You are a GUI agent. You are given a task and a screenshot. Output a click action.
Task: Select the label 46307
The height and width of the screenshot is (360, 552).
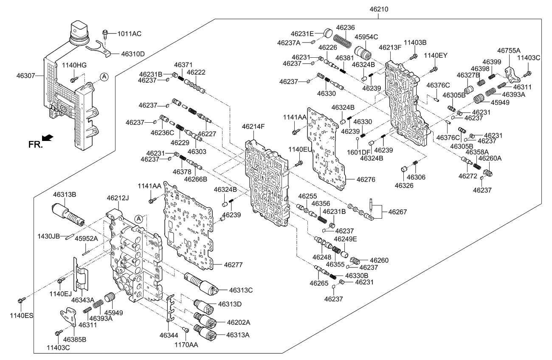27,76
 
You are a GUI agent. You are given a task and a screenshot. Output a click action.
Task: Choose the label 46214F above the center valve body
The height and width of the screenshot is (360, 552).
253,126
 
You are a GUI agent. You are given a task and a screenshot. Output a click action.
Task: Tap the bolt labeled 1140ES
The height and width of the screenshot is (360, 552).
20,301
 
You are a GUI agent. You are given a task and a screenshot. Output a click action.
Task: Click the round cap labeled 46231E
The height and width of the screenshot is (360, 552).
328,33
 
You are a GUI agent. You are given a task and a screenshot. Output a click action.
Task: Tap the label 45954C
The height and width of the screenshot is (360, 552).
366,37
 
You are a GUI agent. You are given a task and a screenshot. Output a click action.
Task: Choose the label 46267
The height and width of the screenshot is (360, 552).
397,211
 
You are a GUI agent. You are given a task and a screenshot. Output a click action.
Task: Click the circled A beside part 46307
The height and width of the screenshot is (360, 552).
104,76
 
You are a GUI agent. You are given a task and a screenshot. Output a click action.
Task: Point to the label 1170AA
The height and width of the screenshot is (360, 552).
187,345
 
